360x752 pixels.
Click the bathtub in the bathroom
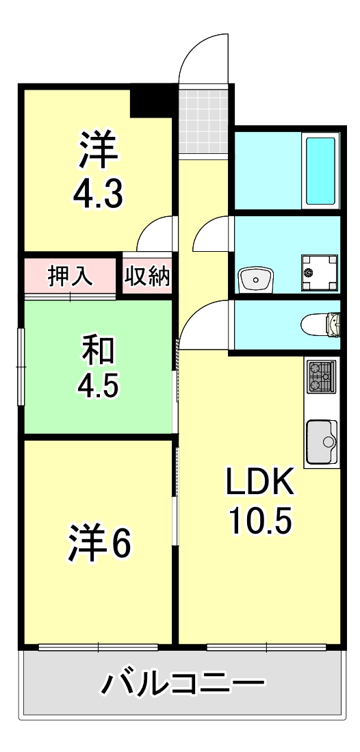[320, 171]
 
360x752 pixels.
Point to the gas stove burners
[321, 376]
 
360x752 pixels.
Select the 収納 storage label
[147, 277]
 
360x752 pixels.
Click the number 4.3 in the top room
[99, 193]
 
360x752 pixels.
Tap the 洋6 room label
[99, 543]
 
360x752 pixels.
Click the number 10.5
[260, 522]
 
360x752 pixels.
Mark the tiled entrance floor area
[203, 120]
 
